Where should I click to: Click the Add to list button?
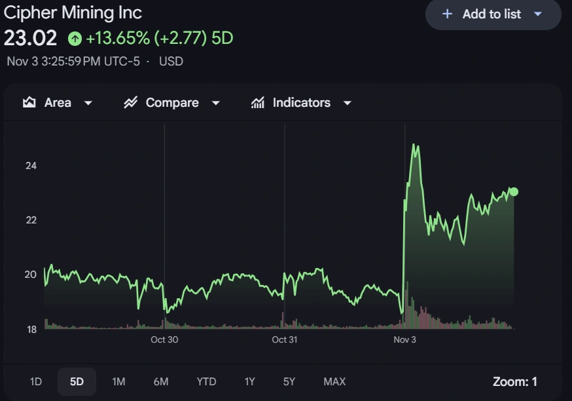(x=493, y=14)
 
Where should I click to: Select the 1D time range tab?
(x=36, y=381)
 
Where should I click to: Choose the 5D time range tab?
(x=77, y=381)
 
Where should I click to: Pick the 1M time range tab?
(x=118, y=381)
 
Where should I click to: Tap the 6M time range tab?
(x=161, y=381)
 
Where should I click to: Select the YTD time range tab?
(x=206, y=381)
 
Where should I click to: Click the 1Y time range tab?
(x=249, y=381)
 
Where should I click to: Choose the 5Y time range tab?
(x=289, y=381)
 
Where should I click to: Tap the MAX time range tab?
(x=334, y=381)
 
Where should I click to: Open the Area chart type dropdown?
(x=58, y=103)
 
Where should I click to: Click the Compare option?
(x=172, y=103)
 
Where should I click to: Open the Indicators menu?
(x=302, y=103)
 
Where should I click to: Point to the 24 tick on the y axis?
(x=31, y=166)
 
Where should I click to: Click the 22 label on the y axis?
(x=31, y=220)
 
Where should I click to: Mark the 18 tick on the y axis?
(x=31, y=330)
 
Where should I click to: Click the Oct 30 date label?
(x=164, y=339)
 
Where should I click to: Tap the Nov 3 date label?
(x=404, y=339)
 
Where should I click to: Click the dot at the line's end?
(x=514, y=192)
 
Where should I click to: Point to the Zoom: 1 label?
(x=514, y=381)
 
